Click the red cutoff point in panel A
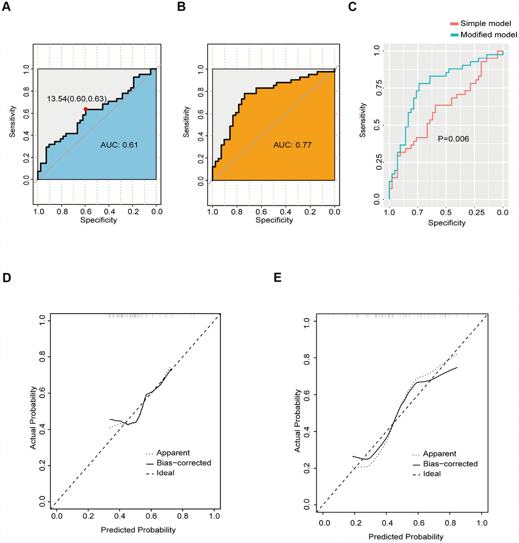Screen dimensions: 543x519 point(85,109)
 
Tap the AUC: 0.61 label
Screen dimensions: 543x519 point(120,145)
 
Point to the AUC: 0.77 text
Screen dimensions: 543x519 point(292,145)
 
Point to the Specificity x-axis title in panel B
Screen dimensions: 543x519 point(274,220)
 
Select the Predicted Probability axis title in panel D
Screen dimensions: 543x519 point(138,529)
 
